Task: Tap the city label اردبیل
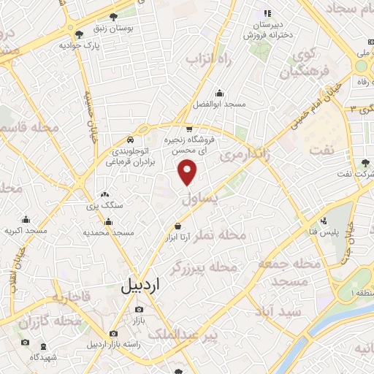[137, 287]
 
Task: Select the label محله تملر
[240, 236]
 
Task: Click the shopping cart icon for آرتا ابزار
[178, 227]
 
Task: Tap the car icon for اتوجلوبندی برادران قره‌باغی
[129, 140]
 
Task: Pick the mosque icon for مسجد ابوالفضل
[219, 93]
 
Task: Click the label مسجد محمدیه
[109, 232]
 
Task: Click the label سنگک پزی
[105, 206]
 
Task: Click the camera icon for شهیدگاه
[25, 343]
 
